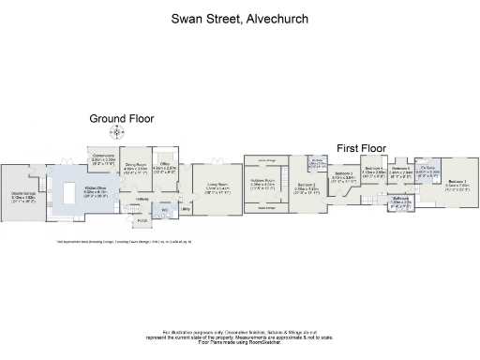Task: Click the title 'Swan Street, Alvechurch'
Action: (x=239, y=18)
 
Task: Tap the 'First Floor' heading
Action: (x=360, y=148)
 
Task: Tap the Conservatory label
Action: (x=101, y=159)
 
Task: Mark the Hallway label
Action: (x=142, y=199)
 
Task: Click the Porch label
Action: (x=143, y=220)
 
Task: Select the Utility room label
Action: (x=187, y=210)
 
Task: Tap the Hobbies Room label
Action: (x=262, y=184)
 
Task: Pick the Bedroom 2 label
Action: (x=306, y=188)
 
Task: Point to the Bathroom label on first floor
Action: (x=401, y=200)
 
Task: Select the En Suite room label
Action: (x=427, y=172)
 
